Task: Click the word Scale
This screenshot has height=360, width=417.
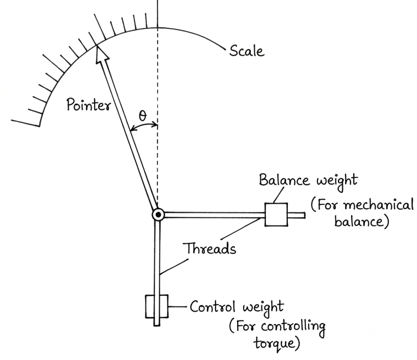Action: tap(247, 51)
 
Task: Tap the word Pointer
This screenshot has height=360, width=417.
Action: tap(88, 105)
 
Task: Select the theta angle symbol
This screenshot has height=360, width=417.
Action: tap(143, 116)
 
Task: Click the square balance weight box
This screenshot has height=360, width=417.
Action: tap(276, 214)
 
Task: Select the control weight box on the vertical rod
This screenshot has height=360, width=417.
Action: tap(157, 306)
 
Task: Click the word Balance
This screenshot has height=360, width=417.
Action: tap(284, 180)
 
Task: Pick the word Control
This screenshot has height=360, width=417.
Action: tap(213, 307)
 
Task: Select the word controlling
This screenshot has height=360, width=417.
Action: tap(293, 327)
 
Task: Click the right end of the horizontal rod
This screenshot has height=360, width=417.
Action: tap(305, 215)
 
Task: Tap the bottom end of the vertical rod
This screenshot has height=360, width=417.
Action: tap(157, 325)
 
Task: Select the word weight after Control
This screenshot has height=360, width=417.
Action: tap(263, 308)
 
